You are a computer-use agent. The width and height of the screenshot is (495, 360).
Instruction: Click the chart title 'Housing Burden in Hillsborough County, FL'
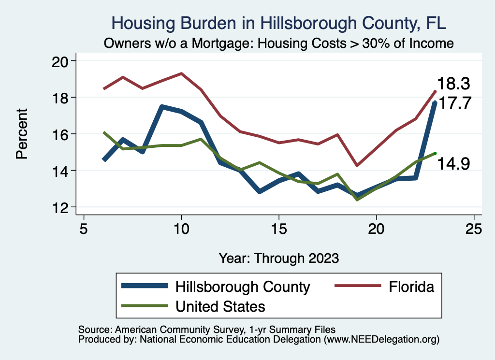(279, 23)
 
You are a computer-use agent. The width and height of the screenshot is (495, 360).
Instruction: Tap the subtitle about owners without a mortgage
(279, 43)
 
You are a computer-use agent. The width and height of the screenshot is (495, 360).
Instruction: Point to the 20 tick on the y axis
(63, 61)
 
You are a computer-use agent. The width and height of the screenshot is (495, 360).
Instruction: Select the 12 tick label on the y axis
(63, 207)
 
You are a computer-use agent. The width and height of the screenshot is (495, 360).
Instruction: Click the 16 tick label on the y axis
(63, 134)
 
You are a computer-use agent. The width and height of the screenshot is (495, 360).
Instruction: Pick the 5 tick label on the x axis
(84, 229)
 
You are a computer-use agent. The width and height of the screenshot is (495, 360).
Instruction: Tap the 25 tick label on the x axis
(474, 229)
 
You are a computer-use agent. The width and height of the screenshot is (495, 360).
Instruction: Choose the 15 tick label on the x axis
(279, 229)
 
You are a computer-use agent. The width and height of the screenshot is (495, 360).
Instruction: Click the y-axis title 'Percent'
(22, 134)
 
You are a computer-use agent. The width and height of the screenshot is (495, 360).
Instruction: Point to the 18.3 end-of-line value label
(453, 84)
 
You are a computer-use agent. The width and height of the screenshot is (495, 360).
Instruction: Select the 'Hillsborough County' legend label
(243, 287)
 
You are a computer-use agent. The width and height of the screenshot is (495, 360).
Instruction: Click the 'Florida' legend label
(411, 287)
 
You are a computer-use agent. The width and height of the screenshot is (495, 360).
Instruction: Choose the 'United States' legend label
(220, 306)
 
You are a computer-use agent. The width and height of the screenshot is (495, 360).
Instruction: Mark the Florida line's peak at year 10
(181, 73)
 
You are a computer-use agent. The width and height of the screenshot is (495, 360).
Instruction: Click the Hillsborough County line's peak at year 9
(162, 107)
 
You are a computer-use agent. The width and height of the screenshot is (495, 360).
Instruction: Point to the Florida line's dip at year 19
(357, 165)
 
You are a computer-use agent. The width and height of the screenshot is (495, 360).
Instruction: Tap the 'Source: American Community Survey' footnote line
(206, 330)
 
